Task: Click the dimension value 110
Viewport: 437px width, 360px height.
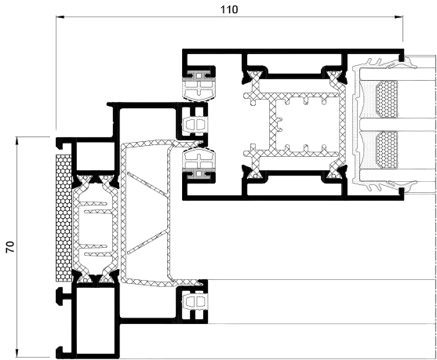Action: pyautogui.click(x=229, y=9)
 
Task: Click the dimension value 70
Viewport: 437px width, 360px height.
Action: pyautogui.click(x=10, y=247)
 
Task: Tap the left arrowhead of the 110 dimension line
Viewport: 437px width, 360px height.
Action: pyautogui.click(x=60, y=17)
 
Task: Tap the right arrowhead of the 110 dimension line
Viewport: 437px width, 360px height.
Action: pyautogui.click(x=399, y=17)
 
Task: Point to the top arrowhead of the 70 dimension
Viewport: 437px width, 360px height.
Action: pyautogui.click(x=17, y=140)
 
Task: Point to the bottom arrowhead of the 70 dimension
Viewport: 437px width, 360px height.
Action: pyautogui.click(x=17, y=353)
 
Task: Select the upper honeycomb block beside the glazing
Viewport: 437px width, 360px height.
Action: pyautogui.click(x=387, y=99)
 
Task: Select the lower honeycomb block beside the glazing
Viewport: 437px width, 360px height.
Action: pyautogui.click(x=387, y=150)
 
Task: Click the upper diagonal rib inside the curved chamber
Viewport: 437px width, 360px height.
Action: pyautogui.click(x=147, y=184)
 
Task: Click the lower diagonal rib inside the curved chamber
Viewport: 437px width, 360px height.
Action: pyautogui.click(x=147, y=242)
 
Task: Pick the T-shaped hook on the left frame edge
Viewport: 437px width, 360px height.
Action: pyautogui.click(x=64, y=297)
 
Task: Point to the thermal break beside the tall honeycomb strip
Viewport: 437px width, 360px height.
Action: pyautogui.click(x=95, y=228)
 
